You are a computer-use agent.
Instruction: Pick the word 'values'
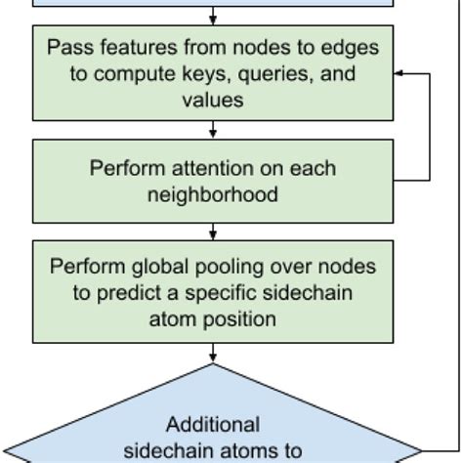pyautogui.click(x=213, y=99)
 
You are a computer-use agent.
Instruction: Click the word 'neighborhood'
pyautogui.click(x=213, y=194)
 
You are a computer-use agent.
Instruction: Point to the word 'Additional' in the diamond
pyautogui.click(x=213, y=425)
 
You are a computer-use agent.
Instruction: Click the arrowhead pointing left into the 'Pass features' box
pyautogui.click(x=399, y=73)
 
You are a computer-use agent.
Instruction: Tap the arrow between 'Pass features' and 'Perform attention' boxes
pyautogui.click(x=213, y=130)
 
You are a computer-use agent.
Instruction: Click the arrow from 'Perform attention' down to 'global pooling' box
pyautogui.click(x=213, y=231)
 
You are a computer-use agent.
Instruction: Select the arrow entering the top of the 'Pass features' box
pyautogui.click(x=213, y=18)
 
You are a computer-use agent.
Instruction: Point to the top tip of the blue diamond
pyautogui.click(x=213, y=364)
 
